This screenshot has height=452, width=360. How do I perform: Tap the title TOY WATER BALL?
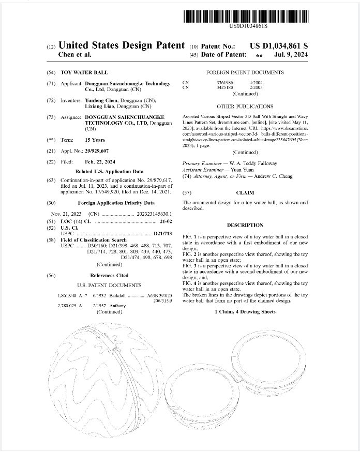pos(84,72)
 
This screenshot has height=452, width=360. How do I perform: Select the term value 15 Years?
pos(95,140)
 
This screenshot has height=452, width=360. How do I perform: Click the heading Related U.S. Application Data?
pos(109,171)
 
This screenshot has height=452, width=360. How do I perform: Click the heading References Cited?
pos(109,276)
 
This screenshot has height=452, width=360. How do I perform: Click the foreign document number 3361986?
pos(224,83)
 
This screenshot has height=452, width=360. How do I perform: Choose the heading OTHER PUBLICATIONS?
pos(245,107)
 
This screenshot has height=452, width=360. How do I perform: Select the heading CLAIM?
pos(245,192)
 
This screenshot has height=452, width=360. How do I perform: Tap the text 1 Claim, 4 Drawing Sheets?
pos(245,312)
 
